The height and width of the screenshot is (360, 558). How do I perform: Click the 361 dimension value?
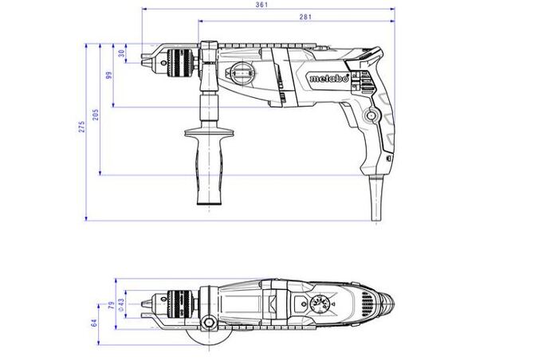click(261, 5)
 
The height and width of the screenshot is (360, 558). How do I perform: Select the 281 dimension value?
click(305, 17)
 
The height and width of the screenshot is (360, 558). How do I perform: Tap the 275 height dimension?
click(82, 127)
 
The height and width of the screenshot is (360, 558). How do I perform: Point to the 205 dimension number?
click(96, 115)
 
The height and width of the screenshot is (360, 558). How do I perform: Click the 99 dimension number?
click(109, 75)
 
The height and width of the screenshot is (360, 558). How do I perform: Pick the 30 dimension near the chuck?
click(122, 53)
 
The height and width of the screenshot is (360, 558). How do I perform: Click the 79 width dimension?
click(112, 305)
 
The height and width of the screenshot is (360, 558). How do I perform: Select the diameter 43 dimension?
click(121, 304)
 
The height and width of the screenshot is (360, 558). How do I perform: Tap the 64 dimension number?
click(94, 323)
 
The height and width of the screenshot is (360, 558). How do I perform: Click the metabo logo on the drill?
click(328, 78)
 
